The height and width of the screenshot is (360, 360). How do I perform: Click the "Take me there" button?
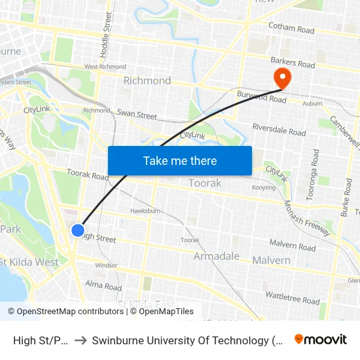point(180,161)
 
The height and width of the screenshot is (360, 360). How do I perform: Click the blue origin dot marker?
point(78,230)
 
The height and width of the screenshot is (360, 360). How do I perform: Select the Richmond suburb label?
point(147,81)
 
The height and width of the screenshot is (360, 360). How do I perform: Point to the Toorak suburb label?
point(205,183)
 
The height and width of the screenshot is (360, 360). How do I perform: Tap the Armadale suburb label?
point(217,256)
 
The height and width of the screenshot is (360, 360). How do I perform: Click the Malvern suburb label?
point(271,260)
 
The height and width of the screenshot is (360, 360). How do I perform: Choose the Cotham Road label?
point(291,29)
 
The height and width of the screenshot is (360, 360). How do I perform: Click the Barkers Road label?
point(293,63)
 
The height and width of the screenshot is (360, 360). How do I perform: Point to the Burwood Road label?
point(262,98)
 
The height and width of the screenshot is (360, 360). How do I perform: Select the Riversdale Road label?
point(279,130)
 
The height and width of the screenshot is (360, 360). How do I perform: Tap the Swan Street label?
point(137,114)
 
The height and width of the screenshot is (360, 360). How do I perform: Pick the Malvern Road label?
point(293,245)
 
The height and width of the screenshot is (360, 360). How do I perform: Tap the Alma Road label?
point(103,286)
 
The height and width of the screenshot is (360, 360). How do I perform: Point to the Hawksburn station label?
point(145,211)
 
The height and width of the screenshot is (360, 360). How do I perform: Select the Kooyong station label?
point(264,188)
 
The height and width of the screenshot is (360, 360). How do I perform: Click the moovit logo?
point(321,340)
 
